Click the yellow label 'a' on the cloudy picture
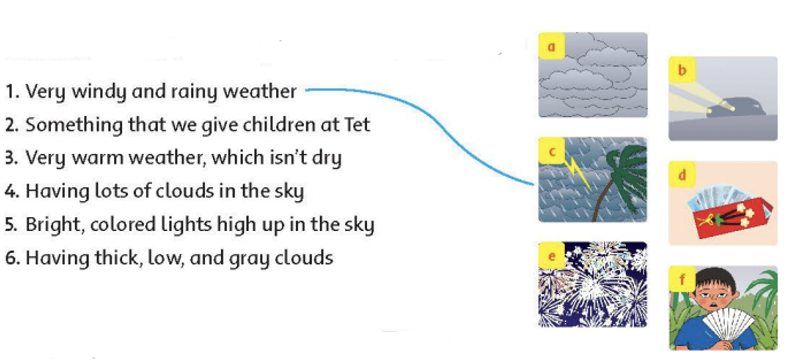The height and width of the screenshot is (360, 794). coord(551,46)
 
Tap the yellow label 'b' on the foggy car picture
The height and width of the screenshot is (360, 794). coord(682,70)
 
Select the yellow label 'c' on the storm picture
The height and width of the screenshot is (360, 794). coord(551,151)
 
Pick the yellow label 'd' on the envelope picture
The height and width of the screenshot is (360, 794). coord(682,174)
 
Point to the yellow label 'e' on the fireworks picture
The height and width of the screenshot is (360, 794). coord(551,256)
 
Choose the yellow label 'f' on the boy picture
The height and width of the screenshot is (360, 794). coord(682,279)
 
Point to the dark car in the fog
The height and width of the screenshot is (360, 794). coord(736,106)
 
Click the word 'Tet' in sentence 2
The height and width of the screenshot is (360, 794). coord(356,125)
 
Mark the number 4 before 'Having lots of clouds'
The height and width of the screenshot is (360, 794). coord(11,191)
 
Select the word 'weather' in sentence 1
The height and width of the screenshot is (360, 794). coord(260,92)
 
